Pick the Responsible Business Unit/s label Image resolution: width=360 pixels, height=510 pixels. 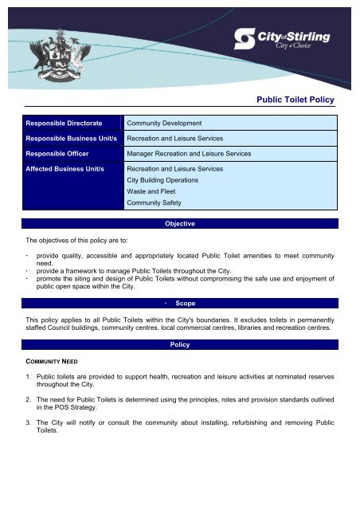pos(71,138)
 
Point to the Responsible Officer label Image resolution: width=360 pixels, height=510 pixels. pos(59,153)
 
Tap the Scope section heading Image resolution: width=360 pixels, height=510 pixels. pos(186,304)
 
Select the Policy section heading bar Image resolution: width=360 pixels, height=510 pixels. pos(180,347)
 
